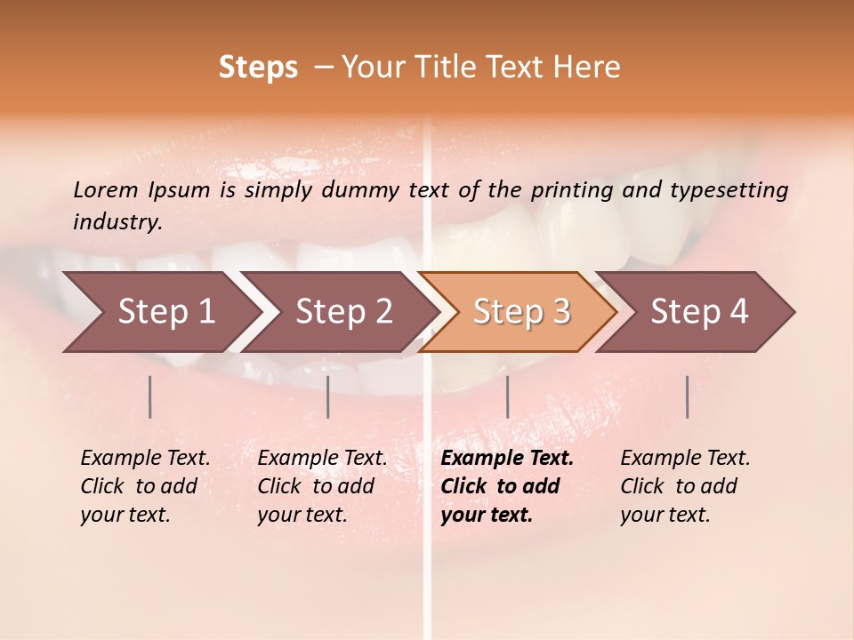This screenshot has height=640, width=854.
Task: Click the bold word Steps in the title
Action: click(258, 68)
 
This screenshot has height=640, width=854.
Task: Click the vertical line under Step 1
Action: click(150, 396)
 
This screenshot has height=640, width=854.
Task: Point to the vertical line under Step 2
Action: click(328, 396)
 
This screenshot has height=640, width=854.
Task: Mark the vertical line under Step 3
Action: click(507, 396)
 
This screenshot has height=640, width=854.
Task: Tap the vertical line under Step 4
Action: click(687, 396)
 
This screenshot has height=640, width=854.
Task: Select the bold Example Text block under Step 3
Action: click(507, 486)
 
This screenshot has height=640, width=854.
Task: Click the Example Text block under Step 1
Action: click(145, 486)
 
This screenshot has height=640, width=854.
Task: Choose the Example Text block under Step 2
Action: click(322, 486)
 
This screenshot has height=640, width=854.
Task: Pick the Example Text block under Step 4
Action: click(685, 486)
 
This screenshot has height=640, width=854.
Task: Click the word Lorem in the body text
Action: click(106, 189)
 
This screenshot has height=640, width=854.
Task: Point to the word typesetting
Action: click(733, 189)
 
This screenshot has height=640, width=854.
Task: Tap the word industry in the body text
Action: click(117, 221)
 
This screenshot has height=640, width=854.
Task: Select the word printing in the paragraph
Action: click(570, 189)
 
